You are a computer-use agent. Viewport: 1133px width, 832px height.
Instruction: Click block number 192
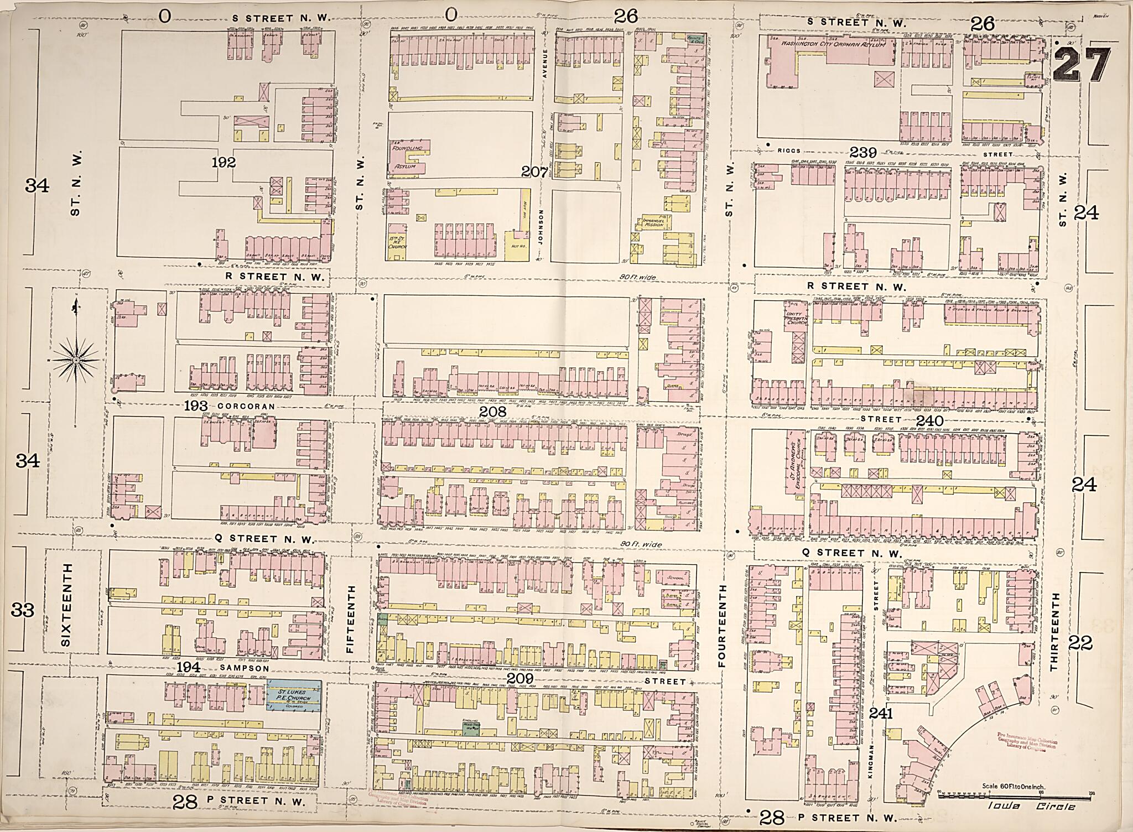click(224, 163)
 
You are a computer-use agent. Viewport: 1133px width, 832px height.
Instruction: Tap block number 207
click(534, 173)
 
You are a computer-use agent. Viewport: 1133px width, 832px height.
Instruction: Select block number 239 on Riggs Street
click(864, 152)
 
